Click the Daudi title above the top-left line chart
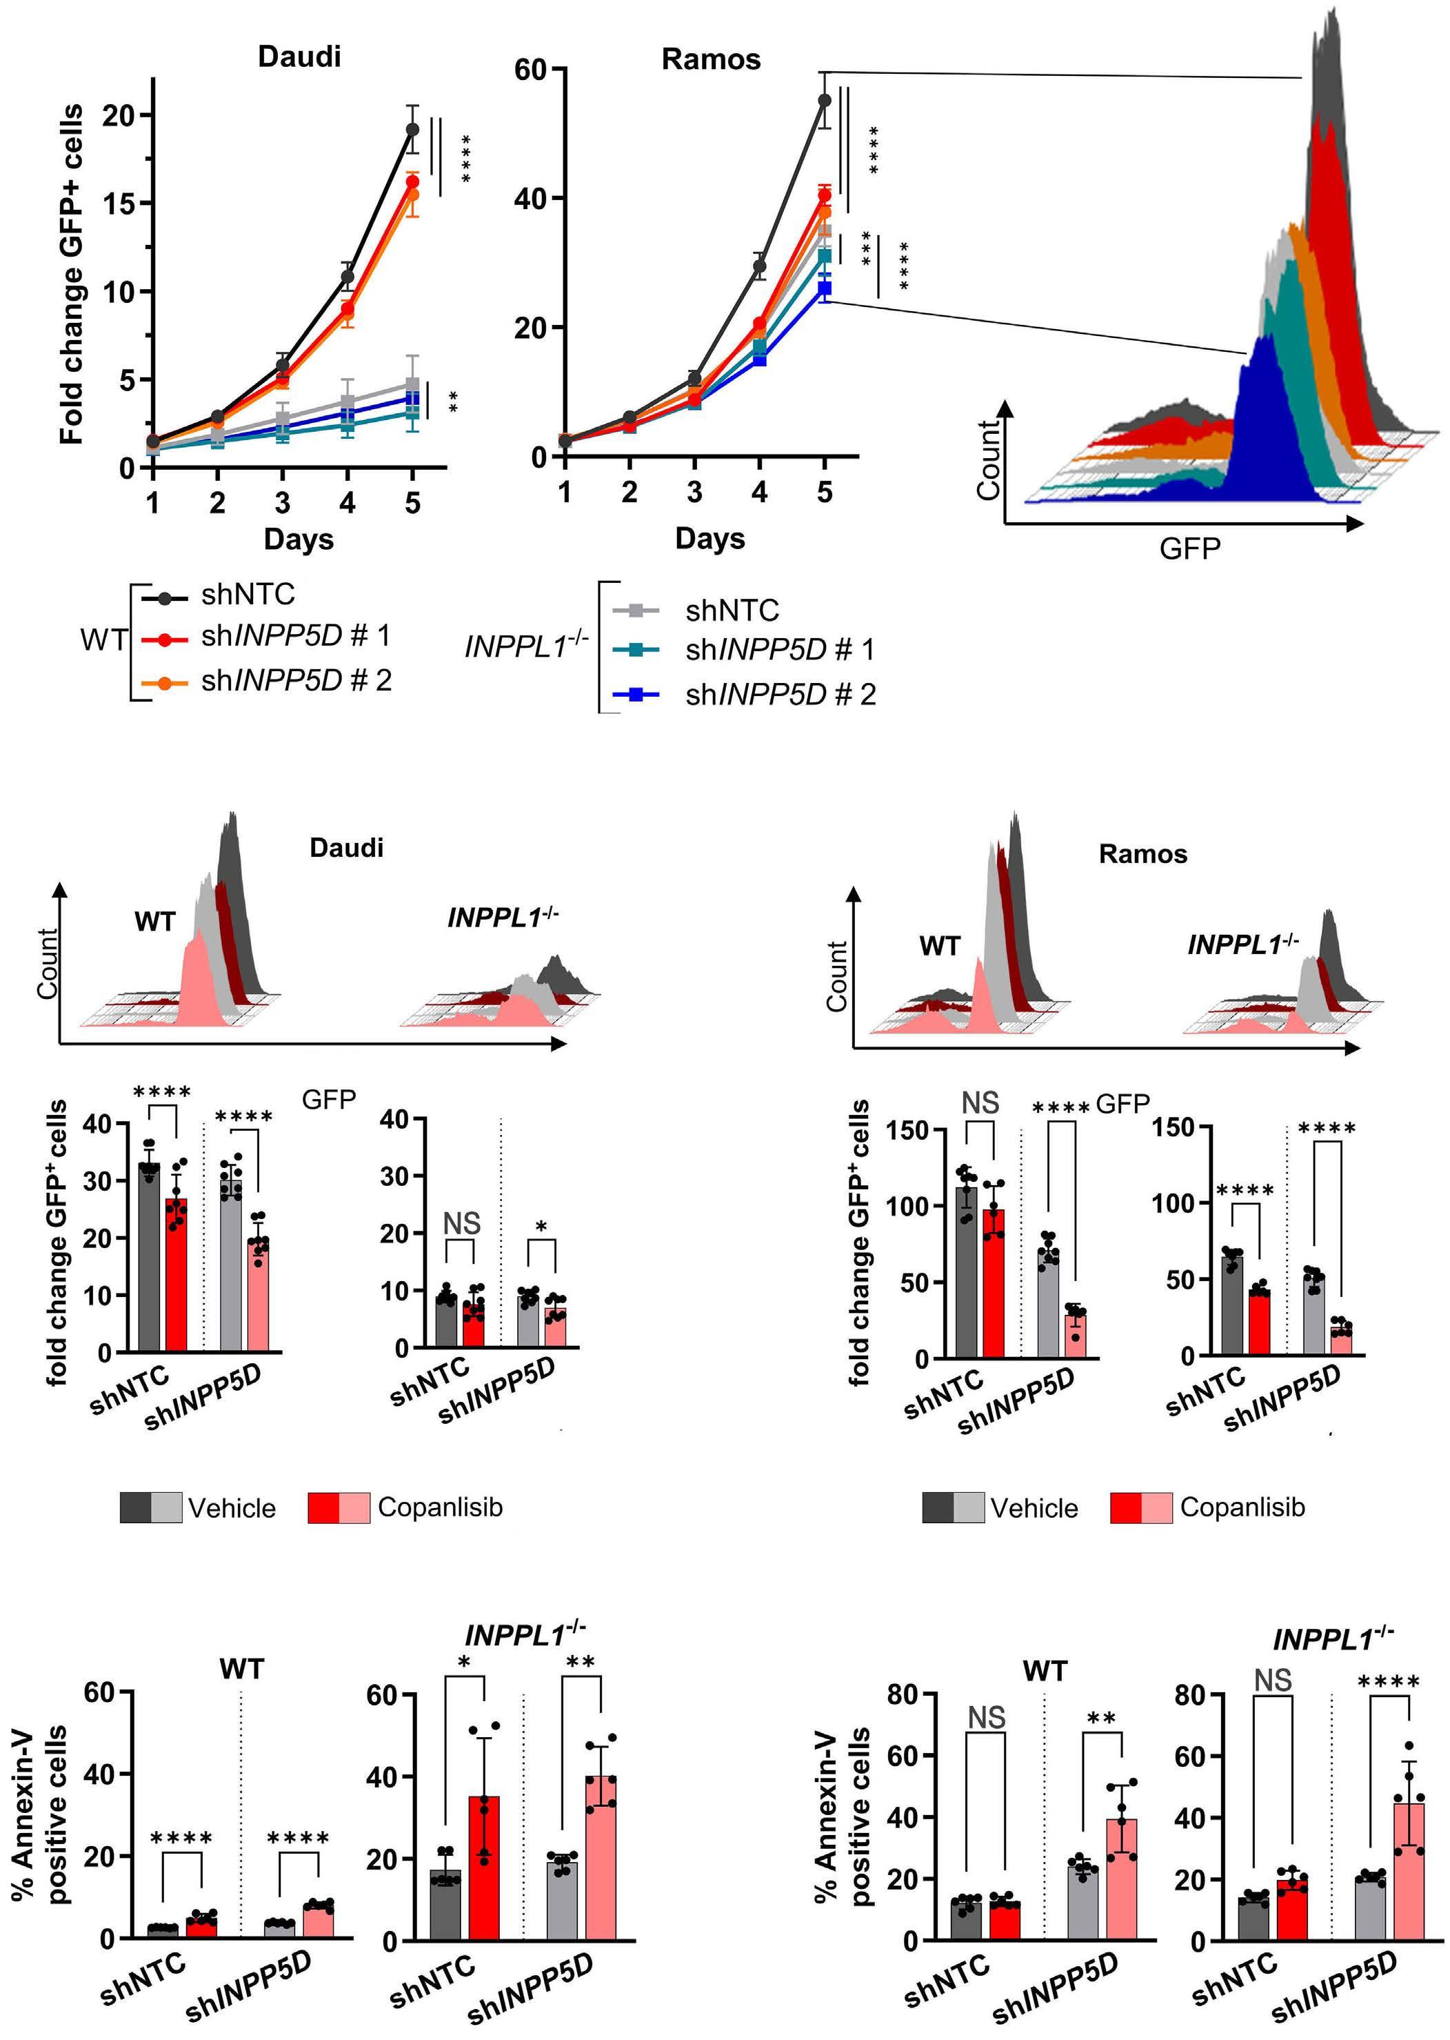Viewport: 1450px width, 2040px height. pyautogui.click(x=299, y=57)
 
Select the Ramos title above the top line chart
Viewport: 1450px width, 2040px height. pyautogui.click(x=711, y=60)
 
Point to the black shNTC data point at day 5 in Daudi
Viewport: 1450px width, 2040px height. pyautogui.click(x=412, y=130)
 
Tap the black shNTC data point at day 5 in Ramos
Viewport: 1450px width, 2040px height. pyautogui.click(x=824, y=100)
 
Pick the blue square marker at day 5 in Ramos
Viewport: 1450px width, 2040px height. pyautogui.click(x=824, y=288)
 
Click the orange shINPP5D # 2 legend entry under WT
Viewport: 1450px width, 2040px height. pyautogui.click(x=296, y=681)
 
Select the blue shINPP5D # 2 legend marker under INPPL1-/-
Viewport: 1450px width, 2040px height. pyautogui.click(x=636, y=694)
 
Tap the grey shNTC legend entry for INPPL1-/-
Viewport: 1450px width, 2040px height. pyautogui.click(x=732, y=611)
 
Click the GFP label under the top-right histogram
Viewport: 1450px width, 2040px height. pyautogui.click(x=1189, y=548)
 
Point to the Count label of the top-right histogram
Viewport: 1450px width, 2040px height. pyautogui.click(x=987, y=460)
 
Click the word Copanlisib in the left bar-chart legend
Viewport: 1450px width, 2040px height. pyautogui.click(x=440, y=1507)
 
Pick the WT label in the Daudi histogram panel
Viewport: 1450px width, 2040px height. pyautogui.click(x=155, y=922)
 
